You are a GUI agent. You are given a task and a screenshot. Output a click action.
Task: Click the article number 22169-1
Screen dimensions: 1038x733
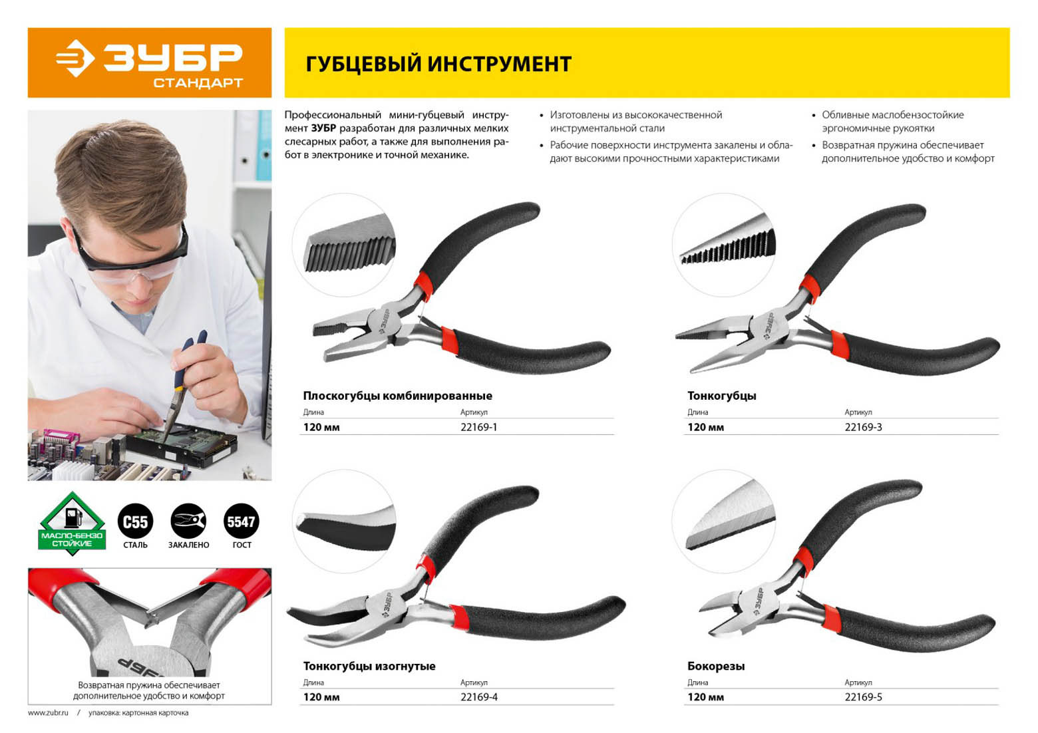coord(478,427)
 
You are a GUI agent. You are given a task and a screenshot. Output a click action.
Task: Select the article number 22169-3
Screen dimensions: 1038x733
coord(863,427)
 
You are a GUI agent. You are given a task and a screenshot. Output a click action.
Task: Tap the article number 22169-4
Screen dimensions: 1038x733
coord(478,697)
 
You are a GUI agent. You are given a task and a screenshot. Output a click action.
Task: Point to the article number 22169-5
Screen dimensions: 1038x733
coord(863,697)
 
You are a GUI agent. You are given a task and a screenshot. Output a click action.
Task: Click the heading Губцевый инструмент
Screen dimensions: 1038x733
coord(438,63)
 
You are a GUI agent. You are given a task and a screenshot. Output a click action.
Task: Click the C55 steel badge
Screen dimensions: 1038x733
coord(135,521)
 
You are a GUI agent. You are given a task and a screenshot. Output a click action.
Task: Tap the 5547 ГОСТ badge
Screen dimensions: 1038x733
coord(241,521)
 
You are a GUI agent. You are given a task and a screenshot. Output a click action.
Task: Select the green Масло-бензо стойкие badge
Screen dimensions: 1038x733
coord(72,523)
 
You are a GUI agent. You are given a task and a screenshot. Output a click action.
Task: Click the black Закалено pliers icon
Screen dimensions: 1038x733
coord(188,521)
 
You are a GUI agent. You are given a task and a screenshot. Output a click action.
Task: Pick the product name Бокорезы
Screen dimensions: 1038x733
coord(716,666)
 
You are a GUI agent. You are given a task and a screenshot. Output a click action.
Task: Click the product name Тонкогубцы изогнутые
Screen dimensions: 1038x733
coord(369,666)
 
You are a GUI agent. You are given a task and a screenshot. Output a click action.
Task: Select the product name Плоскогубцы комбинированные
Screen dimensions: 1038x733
coord(398,396)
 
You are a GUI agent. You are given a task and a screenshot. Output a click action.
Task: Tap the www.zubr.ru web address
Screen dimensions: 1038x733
coord(48,712)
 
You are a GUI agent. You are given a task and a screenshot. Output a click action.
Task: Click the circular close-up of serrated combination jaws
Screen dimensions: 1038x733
coord(344,245)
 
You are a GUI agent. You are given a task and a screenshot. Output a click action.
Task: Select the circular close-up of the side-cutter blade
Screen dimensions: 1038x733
coord(723,521)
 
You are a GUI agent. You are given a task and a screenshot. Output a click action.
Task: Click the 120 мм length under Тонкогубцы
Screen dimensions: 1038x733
coord(705,427)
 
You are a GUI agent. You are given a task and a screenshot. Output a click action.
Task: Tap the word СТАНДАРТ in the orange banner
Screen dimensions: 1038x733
coord(198,83)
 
